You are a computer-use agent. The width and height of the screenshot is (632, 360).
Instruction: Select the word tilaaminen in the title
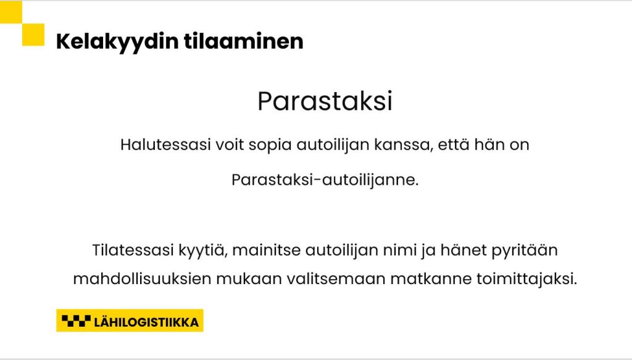(x=243, y=41)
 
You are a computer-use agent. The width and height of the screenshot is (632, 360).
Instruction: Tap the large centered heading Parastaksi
(x=325, y=101)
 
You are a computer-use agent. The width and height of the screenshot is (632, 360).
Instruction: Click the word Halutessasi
(x=165, y=144)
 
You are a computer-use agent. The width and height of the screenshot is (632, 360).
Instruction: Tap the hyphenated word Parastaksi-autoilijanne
(x=325, y=180)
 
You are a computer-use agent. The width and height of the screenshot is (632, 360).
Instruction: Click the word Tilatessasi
(x=133, y=250)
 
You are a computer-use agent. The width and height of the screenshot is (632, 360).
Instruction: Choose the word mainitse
(x=267, y=250)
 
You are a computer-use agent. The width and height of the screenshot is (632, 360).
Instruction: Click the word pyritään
(x=525, y=251)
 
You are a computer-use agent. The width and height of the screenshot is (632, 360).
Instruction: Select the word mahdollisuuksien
(x=143, y=278)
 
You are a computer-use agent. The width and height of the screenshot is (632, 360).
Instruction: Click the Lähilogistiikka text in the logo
(x=146, y=322)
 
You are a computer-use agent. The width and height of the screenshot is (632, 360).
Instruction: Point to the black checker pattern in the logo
(x=76, y=321)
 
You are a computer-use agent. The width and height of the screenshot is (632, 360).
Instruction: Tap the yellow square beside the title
(x=33, y=35)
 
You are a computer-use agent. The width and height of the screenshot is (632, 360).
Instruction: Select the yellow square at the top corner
(x=11, y=12)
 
